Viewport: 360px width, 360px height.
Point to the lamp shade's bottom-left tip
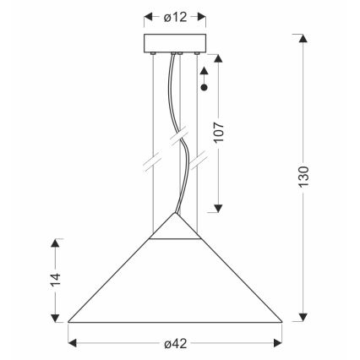(x=68, y=321)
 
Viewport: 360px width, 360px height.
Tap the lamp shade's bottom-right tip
(x=281, y=321)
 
